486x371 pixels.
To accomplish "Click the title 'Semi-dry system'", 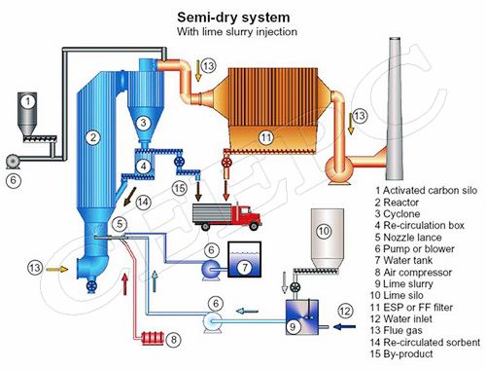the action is click(x=233, y=18).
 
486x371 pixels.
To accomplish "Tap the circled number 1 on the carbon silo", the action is click(x=28, y=101).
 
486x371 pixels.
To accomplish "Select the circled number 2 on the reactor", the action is click(x=93, y=137).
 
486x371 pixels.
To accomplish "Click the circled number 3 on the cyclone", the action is click(x=143, y=123).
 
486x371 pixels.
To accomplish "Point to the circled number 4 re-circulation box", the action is click(x=143, y=167).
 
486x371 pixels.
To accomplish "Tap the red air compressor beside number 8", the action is click(x=153, y=337).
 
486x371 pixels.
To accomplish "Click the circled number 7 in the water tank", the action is click(x=245, y=268).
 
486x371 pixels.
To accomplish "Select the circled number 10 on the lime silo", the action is click(x=324, y=231).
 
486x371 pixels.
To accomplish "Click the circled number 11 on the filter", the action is click(x=266, y=137).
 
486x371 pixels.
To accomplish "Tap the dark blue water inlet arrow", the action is click(x=345, y=327).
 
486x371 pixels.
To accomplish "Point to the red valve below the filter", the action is click(x=226, y=162).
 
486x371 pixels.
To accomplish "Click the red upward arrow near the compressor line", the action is click(x=124, y=284).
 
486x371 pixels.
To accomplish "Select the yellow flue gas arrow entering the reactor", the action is click(x=57, y=269).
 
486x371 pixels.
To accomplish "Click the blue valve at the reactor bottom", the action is click(x=92, y=286).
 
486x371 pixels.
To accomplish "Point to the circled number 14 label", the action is click(x=143, y=203).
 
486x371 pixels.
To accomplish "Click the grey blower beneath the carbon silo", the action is click(x=13, y=162).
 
